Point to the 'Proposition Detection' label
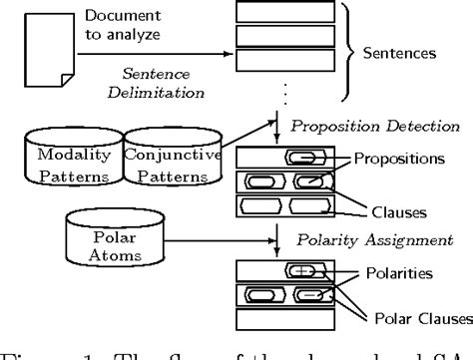pos(373,126)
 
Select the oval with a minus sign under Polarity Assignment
pos(312,296)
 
